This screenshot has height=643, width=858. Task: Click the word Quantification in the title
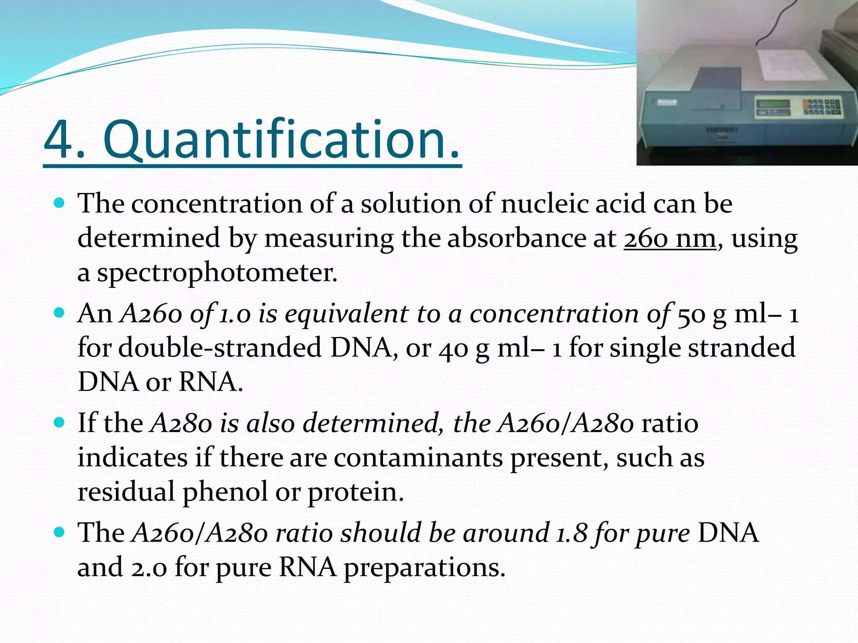pyautogui.click(x=281, y=140)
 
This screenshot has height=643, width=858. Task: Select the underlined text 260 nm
pyautogui.click(x=669, y=239)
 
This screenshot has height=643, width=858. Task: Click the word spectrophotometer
pyautogui.click(x=217, y=273)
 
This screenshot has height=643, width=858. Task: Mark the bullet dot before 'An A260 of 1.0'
pyautogui.click(x=59, y=313)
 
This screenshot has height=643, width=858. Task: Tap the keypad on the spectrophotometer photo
pyautogui.click(x=821, y=106)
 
